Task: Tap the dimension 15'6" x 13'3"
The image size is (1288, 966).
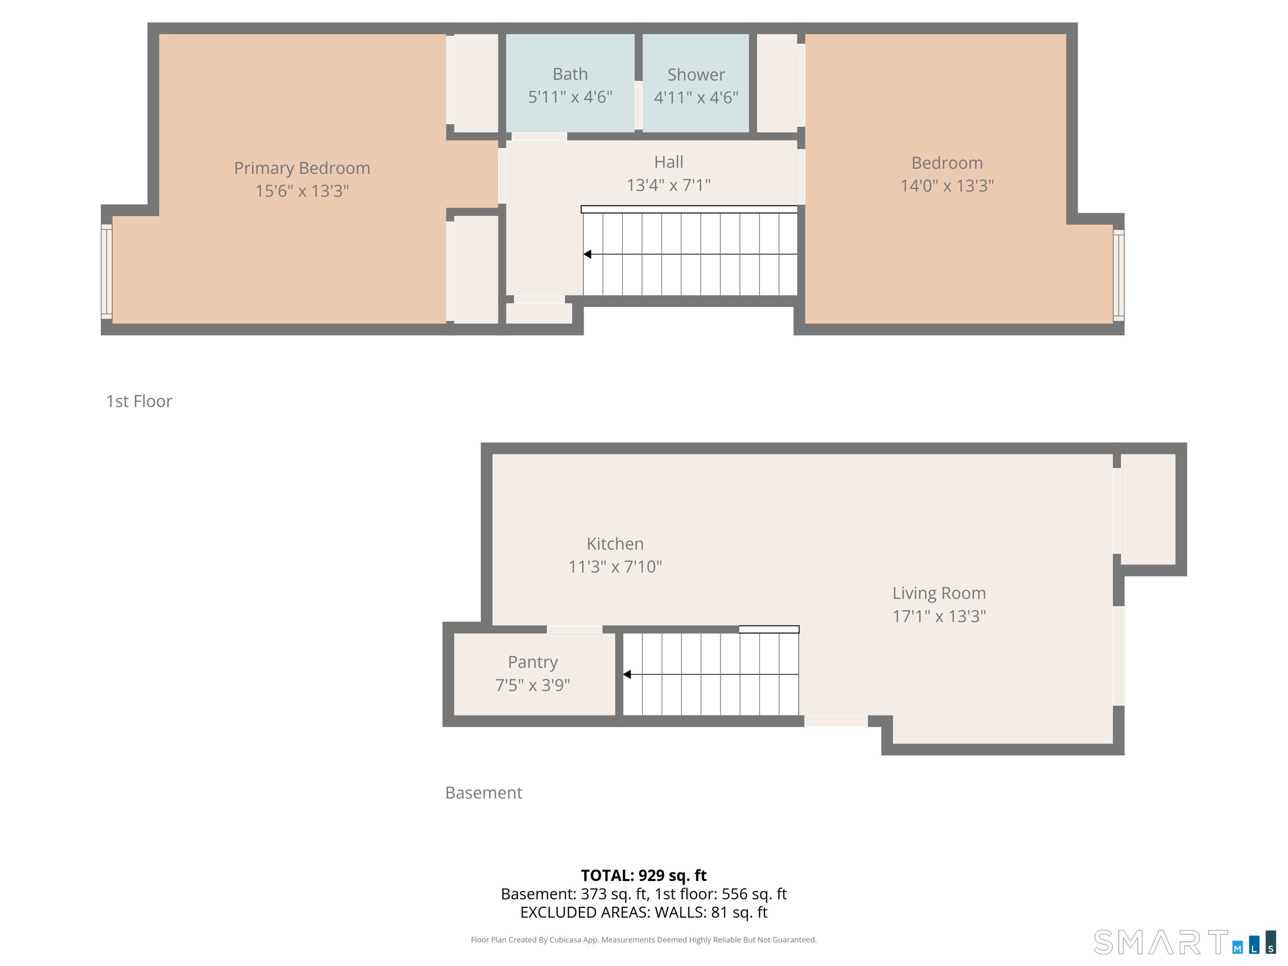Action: (x=301, y=191)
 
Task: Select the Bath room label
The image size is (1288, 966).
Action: (x=569, y=74)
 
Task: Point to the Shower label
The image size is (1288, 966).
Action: (x=696, y=75)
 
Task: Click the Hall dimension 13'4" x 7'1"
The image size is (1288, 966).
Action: (x=668, y=185)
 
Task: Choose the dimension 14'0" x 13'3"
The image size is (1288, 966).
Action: (x=947, y=186)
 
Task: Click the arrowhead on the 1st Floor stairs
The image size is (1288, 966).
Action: (x=587, y=255)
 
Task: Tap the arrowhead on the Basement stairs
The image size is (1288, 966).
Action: (x=627, y=674)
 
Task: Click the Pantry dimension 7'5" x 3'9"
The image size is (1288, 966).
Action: (x=532, y=685)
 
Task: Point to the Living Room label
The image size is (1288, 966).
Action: (x=939, y=593)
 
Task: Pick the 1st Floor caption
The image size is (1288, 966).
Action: (x=139, y=401)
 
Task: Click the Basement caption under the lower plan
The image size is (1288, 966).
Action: (x=483, y=792)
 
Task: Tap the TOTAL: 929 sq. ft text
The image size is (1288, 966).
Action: (x=643, y=875)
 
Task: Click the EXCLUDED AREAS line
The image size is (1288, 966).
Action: (x=643, y=912)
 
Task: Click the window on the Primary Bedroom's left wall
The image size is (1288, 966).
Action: (x=107, y=272)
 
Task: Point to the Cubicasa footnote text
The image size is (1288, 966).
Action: (x=643, y=939)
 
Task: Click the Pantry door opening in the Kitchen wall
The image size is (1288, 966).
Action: (x=574, y=630)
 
